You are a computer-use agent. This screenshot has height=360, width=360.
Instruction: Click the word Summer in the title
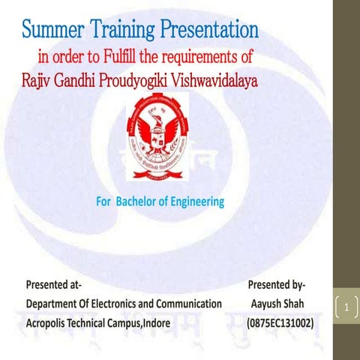53,31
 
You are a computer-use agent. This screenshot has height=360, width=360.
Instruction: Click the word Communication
191,304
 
